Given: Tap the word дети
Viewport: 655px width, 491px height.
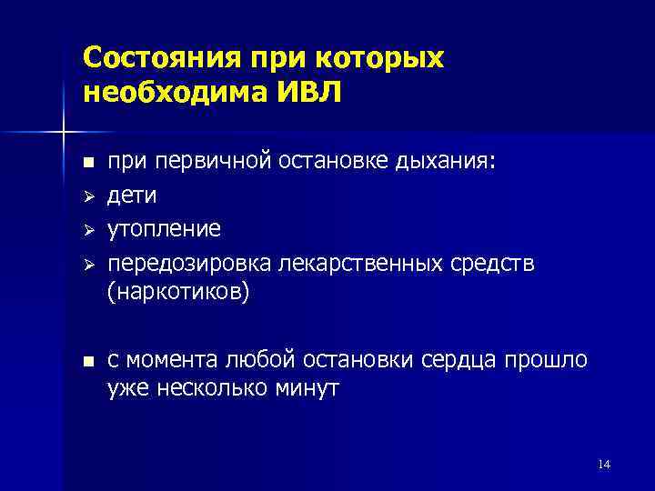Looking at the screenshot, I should click(133, 195).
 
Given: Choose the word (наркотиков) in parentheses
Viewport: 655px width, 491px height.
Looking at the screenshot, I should click(177, 294).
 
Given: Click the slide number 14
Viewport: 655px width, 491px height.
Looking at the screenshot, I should click(604, 466).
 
